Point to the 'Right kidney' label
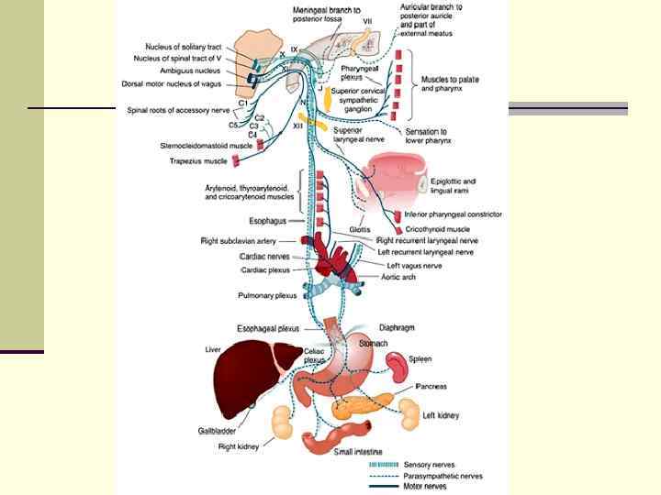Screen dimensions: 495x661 (x=240, y=447)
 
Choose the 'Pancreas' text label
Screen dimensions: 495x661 (x=431, y=388)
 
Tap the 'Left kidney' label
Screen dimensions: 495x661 (x=440, y=415)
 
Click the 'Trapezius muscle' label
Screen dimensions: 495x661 (x=197, y=161)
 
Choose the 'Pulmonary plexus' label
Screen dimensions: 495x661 (x=268, y=295)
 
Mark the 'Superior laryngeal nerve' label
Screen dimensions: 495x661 (x=361, y=136)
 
